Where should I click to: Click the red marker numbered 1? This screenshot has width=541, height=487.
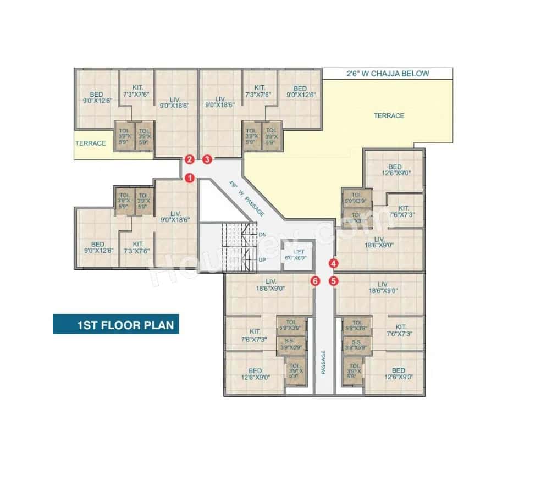190,178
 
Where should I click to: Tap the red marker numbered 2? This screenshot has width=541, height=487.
190,160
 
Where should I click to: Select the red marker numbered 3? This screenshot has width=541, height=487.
207,160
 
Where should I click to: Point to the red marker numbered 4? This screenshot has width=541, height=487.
333,263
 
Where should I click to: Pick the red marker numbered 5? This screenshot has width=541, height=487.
333,281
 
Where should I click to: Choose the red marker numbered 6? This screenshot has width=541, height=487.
315,281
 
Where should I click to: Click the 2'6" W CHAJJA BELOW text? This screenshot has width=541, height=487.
387,73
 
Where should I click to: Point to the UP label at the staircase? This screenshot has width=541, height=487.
262,259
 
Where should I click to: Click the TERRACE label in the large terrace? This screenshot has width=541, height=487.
389,116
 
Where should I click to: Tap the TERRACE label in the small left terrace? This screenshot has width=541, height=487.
91,143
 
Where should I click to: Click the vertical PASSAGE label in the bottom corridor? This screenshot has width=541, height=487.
324,363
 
